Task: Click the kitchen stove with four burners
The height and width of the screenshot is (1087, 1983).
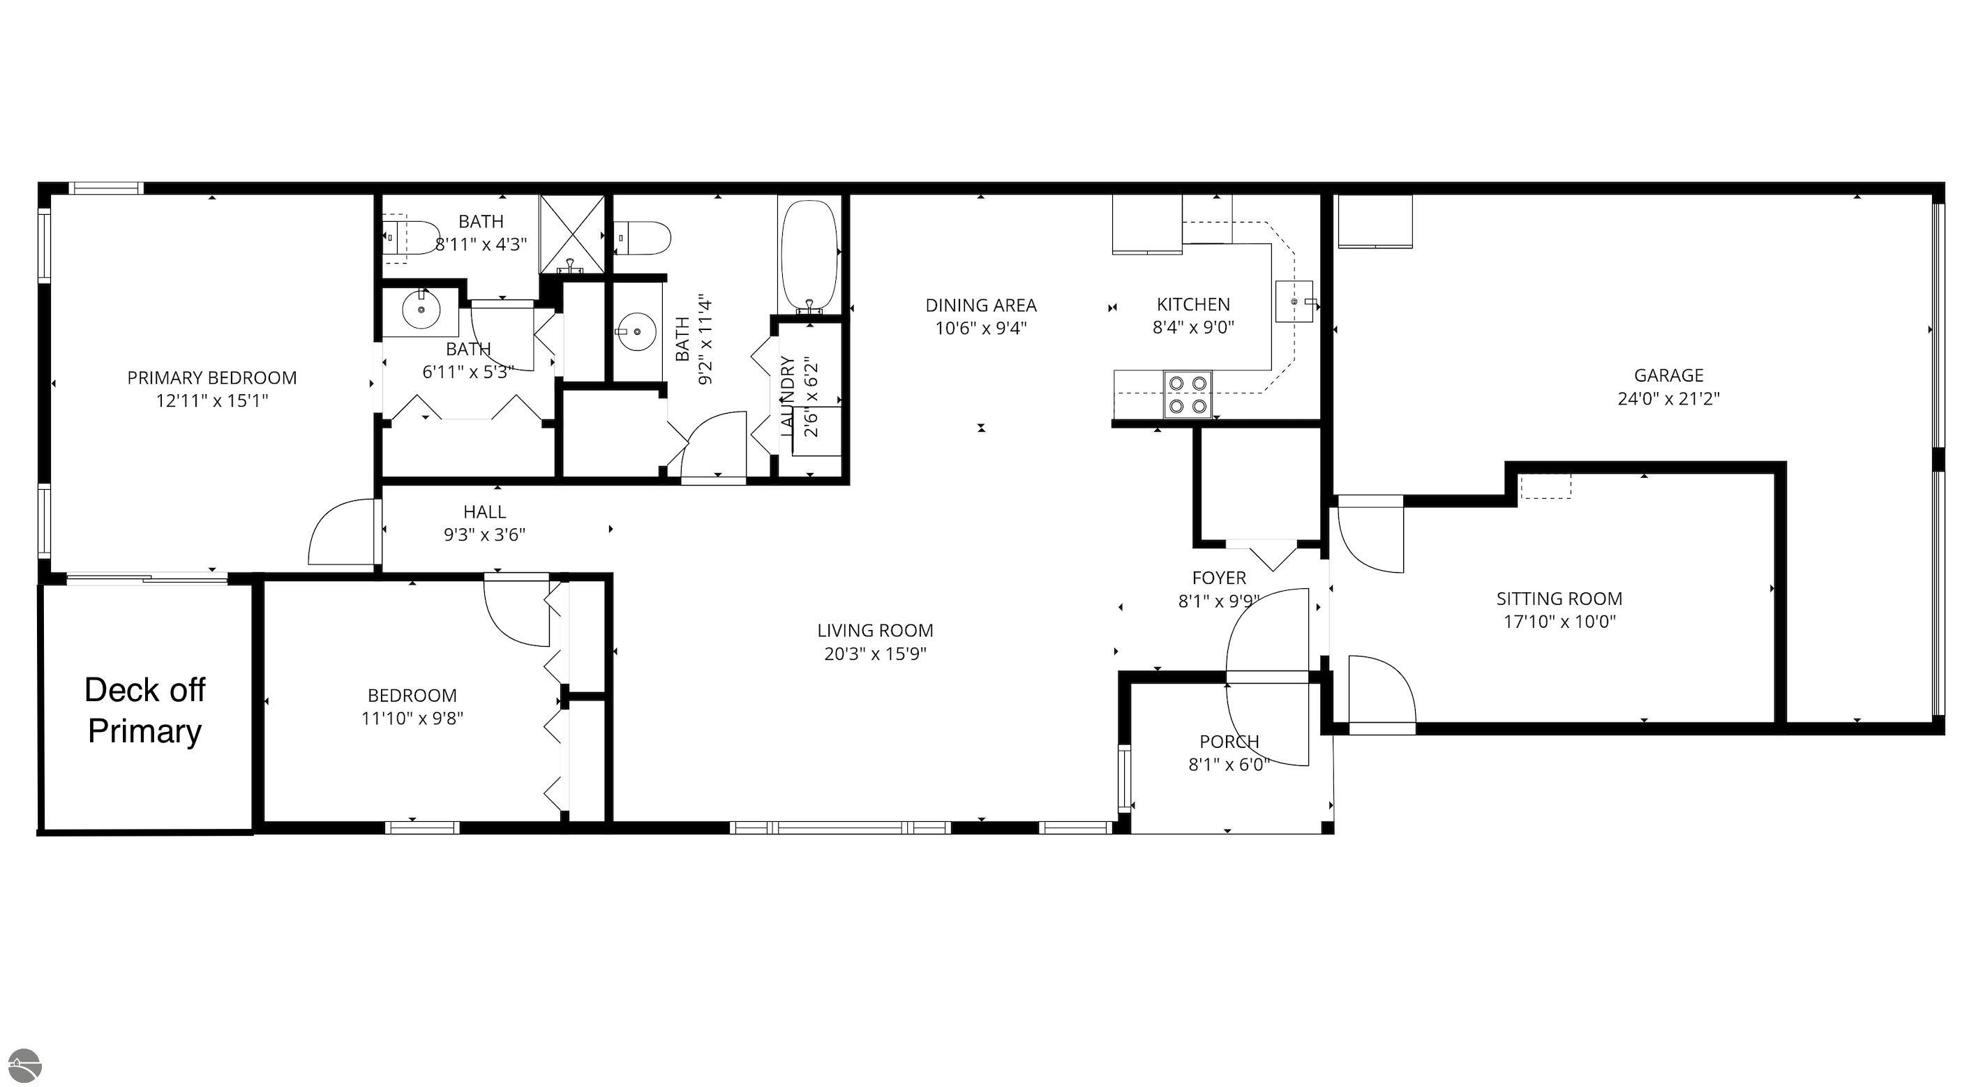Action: (1187, 394)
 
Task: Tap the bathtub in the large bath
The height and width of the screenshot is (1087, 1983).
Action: (809, 254)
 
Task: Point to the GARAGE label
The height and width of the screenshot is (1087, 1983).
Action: (1669, 375)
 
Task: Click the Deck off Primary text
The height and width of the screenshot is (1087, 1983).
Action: (144, 710)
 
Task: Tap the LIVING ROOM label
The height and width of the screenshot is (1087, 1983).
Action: (875, 631)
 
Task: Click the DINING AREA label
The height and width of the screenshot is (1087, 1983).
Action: (981, 306)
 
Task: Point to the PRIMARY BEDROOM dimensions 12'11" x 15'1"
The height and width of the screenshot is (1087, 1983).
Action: (211, 401)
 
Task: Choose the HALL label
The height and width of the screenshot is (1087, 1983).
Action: (485, 512)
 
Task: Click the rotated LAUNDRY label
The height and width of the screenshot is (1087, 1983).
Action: (787, 396)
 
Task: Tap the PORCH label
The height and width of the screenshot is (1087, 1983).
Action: (1229, 742)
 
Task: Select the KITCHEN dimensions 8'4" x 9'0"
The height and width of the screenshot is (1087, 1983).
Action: (1193, 327)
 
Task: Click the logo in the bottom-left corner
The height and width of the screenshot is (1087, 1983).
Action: (22, 1067)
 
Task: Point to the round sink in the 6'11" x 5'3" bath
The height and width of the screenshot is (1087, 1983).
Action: (421, 310)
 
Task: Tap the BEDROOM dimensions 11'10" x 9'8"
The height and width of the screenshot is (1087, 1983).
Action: (412, 719)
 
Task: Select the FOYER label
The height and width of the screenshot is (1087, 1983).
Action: (1220, 578)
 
